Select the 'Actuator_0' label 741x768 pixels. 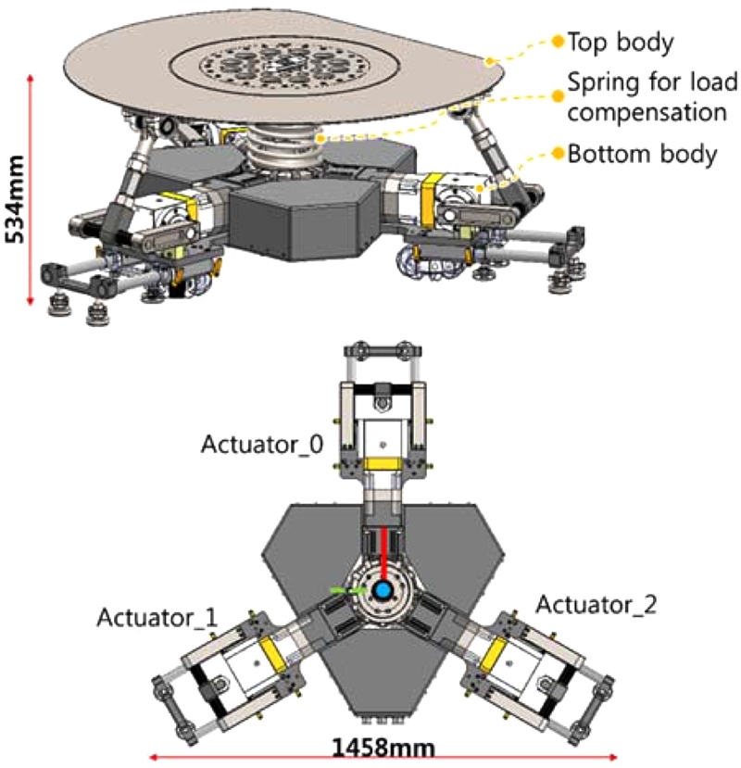tap(262, 446)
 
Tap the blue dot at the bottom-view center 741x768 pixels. tap(383, 590)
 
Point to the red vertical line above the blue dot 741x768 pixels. tap(383, 551)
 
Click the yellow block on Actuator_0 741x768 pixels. tap(383, 463)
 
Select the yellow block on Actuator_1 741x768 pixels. tap(271, 654)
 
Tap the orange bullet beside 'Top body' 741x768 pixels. tap(557, 42)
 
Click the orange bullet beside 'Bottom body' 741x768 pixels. tap(557, 153)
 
